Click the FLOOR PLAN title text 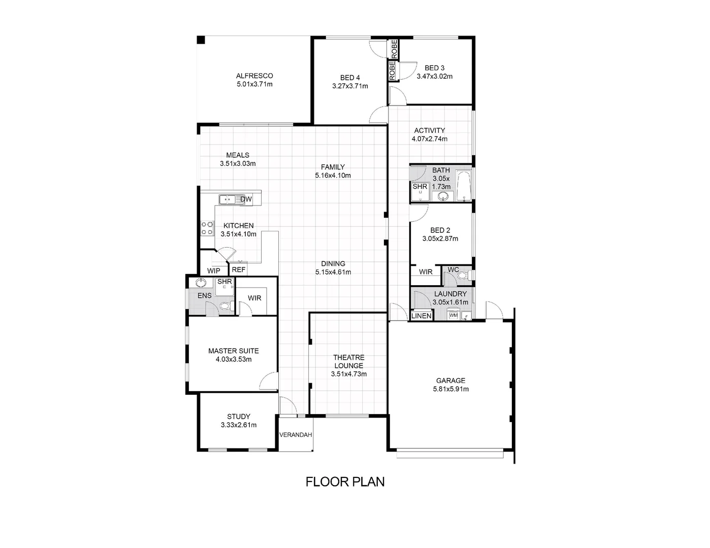click(x=345, y=482)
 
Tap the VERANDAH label click(x=296, y=435)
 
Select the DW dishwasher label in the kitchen click(x=246, y=199)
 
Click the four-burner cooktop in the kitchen click(x=207, y=228)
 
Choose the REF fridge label click(x=239, y=270)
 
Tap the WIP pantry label click(x=214, y=270)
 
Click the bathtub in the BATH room click(x=464, y=186)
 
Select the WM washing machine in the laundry click(x=454, y=316)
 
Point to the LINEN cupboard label click(x=422, y=316)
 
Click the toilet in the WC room click(x=461, y=276)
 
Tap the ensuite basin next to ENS click(x=201, y=283)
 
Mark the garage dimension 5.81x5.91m click(x=450, y=389)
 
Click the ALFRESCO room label click(x=254, y=76)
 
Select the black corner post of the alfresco click(x=201, y=40)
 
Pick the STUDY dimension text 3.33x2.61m click(x=239, y=425)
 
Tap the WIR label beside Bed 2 click(x=426, y=272)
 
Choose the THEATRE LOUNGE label click(x=348, y=361)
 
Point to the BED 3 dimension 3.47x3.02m click(x=434, y=77)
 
